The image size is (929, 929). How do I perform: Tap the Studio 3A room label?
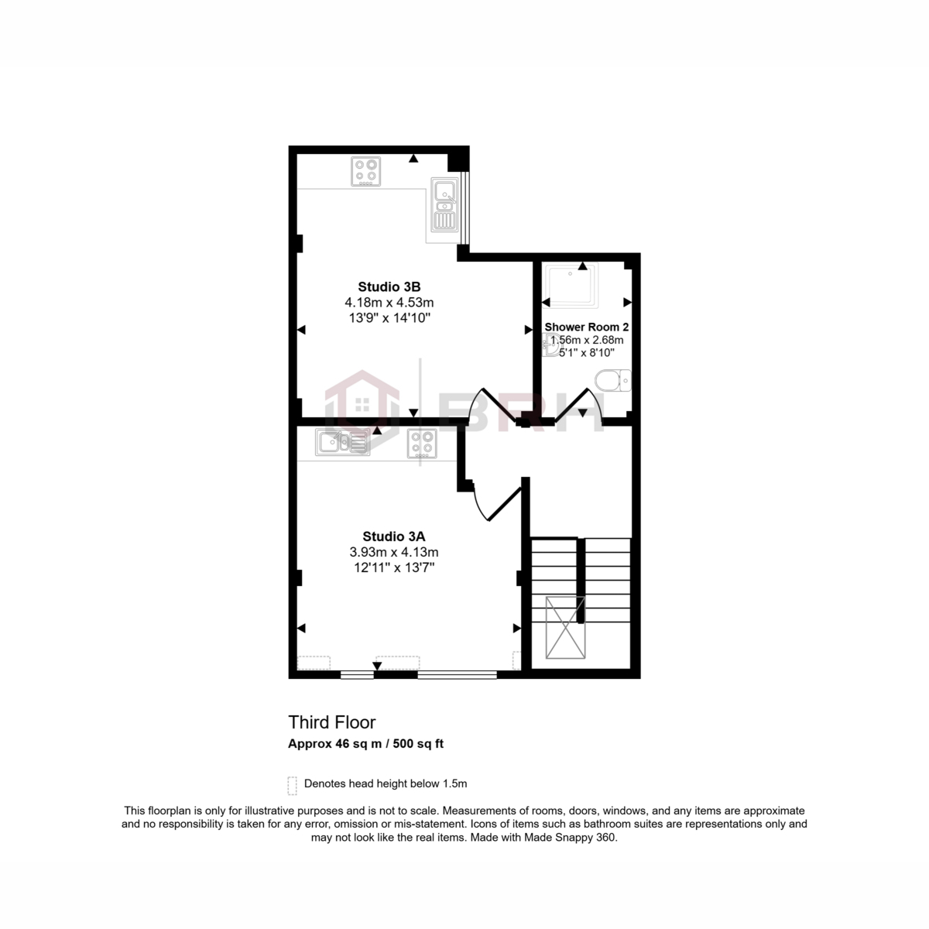point(393,536)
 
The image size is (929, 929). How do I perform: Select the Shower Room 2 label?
point(586,327)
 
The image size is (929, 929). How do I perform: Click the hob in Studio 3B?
point(366,171)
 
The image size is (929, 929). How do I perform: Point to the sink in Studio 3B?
point(444,205)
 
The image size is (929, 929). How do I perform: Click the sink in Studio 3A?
point(341,443)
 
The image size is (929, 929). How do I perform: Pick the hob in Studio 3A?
point(422,444)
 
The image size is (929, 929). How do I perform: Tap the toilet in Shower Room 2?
point(613,381)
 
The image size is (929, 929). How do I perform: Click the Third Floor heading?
point(331,722)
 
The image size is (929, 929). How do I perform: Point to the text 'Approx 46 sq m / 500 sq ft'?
point(365,744)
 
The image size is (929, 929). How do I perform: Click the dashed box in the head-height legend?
point(292,786)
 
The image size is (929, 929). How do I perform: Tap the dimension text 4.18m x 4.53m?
point(389,302)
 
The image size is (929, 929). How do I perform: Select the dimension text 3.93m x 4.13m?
point(393,552)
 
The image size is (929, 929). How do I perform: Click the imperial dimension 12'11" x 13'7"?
point(393,567)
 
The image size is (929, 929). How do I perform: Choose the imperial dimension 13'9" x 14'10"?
point(389,317)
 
